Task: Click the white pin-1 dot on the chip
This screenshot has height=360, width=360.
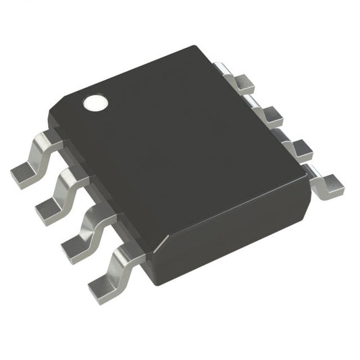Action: click(x=96, y=103)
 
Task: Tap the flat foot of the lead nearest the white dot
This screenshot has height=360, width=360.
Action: click(x=25, y=174)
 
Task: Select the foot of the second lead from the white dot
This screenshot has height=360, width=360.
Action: click(x=49, y=211)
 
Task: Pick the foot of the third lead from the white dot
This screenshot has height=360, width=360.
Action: click(x=75, y=248)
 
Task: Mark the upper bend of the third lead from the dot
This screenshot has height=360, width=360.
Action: click(x=97, y=215)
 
